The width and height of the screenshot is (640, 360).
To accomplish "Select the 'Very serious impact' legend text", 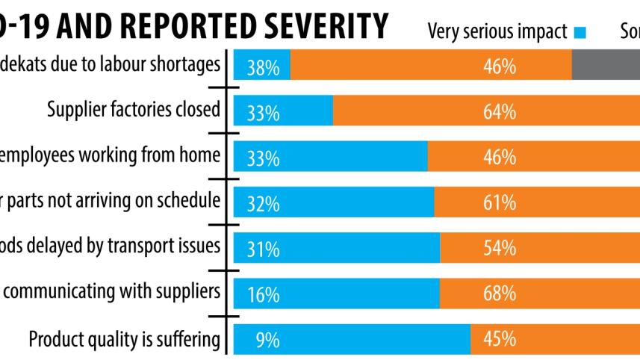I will tap(497, 31).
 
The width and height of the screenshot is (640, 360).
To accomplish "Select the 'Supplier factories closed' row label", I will tap(134, 110).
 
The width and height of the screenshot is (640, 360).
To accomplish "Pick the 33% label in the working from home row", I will tap(264, 158).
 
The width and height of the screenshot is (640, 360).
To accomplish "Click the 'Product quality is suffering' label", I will tap(124, 339).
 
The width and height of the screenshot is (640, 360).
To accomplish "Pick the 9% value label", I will tap(267, 341).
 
